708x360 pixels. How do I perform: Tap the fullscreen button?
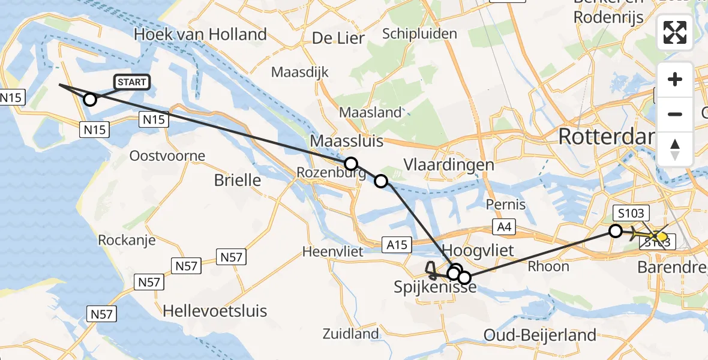675,32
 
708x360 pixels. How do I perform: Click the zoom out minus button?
675,114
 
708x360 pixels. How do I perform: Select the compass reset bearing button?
675,149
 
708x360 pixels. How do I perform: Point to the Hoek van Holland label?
200,35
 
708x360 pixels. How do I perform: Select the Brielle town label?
238,180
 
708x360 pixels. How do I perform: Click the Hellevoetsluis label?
215,311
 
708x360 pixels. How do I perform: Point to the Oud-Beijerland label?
539,335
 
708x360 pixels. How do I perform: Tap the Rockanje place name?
127,241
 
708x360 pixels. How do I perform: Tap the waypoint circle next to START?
89,100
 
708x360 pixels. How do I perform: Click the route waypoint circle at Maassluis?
350,164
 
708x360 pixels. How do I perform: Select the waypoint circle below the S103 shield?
616,230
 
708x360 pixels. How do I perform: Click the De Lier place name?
338,38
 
